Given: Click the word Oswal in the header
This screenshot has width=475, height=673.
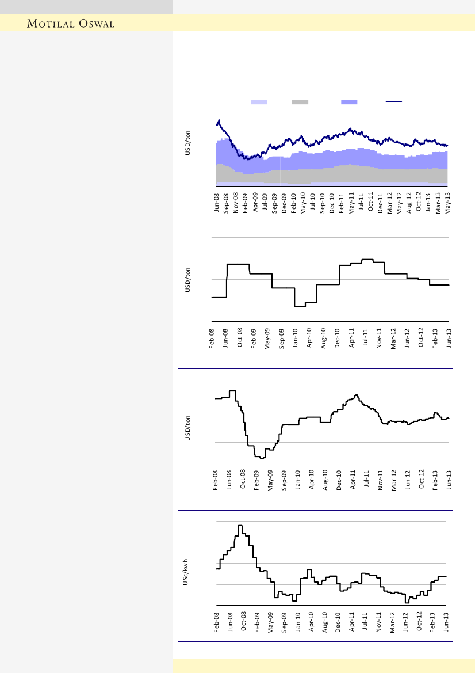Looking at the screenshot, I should [97, 24].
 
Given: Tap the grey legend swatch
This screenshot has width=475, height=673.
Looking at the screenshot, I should [300, 102].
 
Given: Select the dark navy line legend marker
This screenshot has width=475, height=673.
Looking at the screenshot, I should [394, 102].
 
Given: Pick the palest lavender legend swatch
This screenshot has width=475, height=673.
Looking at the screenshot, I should [259, 102].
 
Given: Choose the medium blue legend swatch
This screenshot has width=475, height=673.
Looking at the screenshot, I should [349, 102].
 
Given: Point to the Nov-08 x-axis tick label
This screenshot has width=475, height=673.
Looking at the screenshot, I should [236, 203].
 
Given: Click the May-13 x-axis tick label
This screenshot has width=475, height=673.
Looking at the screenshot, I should [447, 203].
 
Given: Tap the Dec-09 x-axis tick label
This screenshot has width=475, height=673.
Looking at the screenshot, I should [284, 203].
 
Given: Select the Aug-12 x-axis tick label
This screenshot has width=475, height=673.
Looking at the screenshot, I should [409, 203].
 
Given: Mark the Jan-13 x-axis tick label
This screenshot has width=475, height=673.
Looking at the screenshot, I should [428, 203].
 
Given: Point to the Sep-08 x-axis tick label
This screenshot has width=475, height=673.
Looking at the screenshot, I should [226, 203].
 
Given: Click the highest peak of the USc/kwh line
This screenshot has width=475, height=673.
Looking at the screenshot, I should [240, 526].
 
